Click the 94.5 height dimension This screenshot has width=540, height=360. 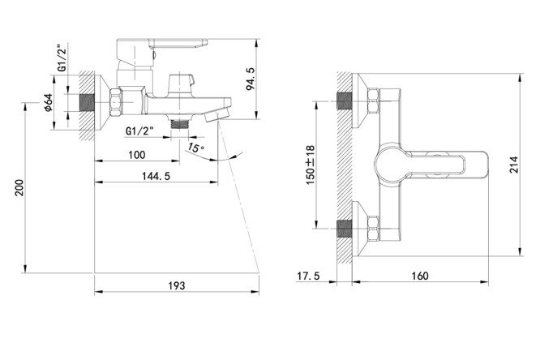pyautogui.click(x=251, y=79)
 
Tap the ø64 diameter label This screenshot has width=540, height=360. pyautogui.click(x=49, y=102)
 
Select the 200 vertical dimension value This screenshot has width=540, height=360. pyautogui.click(x=19, y=188)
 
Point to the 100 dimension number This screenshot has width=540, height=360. pyautogui.click(x=137, y=155)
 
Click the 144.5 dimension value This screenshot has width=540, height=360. pyautogui.click(x=156, y=176)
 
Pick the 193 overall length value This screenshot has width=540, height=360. pyautogui.click(x=176, y=285)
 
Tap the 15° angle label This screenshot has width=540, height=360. pyautogui.click(x=196, y=148)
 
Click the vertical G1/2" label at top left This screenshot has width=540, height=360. pyautogui.click(x=62, y=58)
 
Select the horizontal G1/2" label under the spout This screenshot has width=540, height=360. pyautogui.click(x=139, y=131)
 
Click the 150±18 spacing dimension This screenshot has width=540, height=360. pyautogui.click(x=310, y=165)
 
